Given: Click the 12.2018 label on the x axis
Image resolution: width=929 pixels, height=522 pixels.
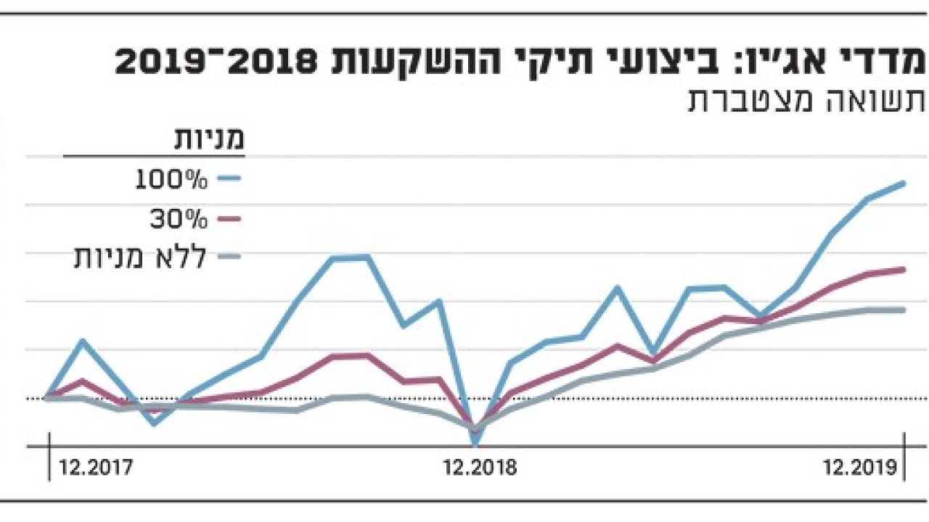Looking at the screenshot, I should click(480, 468).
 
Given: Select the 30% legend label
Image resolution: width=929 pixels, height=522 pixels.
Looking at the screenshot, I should click(179, 219).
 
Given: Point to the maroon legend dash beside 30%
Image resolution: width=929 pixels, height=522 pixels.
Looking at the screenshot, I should click(229, 218).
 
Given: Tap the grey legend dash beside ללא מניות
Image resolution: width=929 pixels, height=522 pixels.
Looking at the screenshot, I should click(229, 256).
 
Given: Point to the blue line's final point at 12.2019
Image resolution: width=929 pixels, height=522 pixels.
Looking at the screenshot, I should click(904, 183).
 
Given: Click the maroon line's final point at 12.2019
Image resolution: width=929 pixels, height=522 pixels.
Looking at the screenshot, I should click(904, 270).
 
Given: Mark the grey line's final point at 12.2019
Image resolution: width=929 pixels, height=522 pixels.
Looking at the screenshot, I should click(904, 310).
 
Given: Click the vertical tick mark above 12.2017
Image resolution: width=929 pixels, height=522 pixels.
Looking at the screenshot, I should click(49, 457).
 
